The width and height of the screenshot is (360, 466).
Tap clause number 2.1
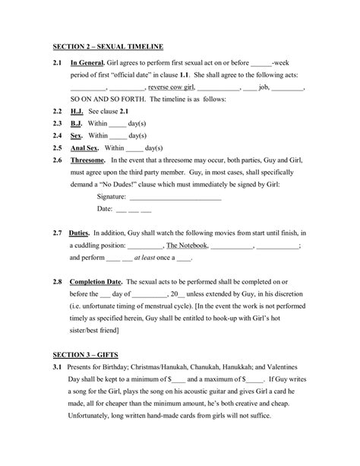(x=58, y=64)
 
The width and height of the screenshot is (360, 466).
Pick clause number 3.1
(x=58, y=368)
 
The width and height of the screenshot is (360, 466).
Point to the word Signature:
(x=111, y=196)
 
